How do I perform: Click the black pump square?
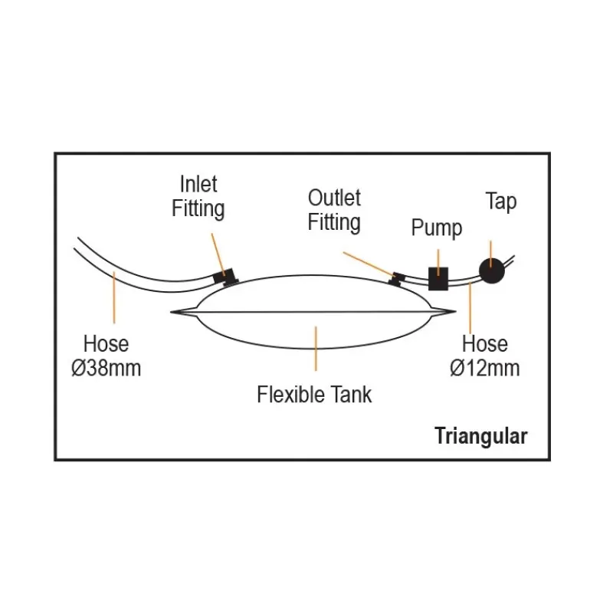click(438, 279)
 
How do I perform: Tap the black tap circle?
click(492, 270)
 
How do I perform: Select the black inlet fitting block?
click(225, 277)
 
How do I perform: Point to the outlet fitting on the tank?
click(397, 279)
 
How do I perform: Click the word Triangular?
click(481, 436)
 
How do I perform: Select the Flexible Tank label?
click(314, 394)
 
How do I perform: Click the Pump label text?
click(437, 228)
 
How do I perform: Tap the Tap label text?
click(501, 202)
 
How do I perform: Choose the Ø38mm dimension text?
click(107, 369)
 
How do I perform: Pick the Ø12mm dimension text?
click(485, 369)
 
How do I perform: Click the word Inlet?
click(198, 184)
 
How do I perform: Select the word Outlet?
click(334, 198)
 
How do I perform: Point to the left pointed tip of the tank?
click(171, 312)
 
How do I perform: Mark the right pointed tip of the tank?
click(455, 312)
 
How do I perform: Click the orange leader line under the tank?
click(316, 349)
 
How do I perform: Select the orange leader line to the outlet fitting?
click(369, 264)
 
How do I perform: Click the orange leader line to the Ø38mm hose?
click(114, 297)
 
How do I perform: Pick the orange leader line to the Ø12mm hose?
click(470, 309)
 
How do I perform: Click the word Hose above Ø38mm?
click(106, 344)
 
